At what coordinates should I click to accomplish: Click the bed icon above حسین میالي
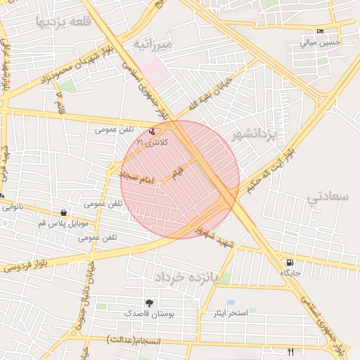pyautogui.click(x=321, y=32)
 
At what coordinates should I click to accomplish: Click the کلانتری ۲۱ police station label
pyautogui.click(x=153, y=142)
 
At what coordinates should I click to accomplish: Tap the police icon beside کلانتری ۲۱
pyautogui.click(x=153, y=131)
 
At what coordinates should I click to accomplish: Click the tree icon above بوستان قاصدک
pyautogui.click(x=148, y=302)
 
